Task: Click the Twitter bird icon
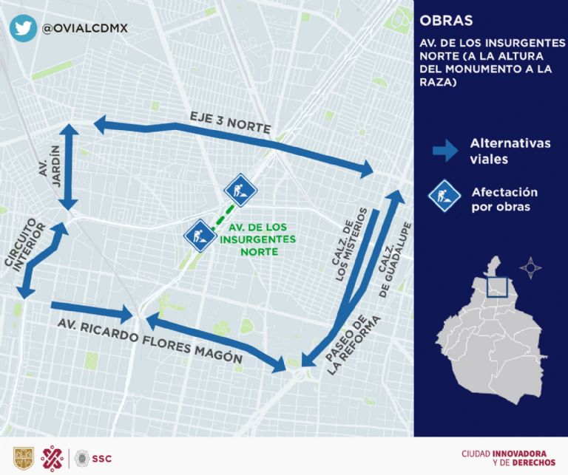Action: point(23,28)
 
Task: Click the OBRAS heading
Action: point(446,20)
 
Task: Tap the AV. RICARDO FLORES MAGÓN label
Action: point(151,341)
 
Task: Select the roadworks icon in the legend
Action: point(444,197)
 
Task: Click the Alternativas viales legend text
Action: point(510,151)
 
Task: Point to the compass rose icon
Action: point(531,267)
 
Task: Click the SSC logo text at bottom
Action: point(102,458)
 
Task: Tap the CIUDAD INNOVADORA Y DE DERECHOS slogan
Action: point(504,457)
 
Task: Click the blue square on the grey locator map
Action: point(498,284)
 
